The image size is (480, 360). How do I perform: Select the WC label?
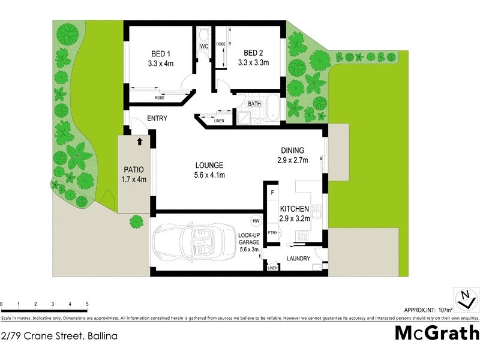[x=203, y=46]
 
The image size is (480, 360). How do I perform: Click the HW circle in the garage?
[x=256, y=220]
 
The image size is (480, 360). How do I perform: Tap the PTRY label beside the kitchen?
[x=272, y=233]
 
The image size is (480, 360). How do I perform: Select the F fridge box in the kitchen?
[x=272, y=193]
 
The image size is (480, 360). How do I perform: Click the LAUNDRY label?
[x=298, y=259]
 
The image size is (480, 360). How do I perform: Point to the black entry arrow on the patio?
[x=140, y=142]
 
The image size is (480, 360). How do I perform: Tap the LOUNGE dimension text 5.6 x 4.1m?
[x=209, y=175]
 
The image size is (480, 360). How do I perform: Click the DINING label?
[x=293, y=151]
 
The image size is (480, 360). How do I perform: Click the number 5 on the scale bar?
[x=88, y=304]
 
